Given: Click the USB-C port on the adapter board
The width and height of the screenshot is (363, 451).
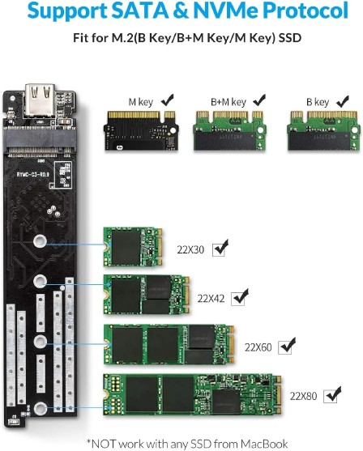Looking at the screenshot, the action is pos(41,100).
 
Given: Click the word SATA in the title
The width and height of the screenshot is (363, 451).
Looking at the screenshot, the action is pos(139,11).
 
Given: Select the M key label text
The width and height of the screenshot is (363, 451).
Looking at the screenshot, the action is pos(140,102).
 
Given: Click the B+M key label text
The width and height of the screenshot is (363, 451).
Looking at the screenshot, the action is pos(228,102).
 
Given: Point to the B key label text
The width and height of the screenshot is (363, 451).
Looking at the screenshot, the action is pos(318,102).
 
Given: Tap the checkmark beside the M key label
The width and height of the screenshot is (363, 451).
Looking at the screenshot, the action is pos(168,100).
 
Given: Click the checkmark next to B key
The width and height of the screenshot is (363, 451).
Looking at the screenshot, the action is pos(343,101).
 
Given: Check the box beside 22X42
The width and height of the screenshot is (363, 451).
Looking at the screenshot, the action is pos(238,299).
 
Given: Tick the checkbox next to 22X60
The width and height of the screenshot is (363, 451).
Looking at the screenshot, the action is pos(285,347).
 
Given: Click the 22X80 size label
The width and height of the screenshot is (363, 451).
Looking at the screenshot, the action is pos(303,397).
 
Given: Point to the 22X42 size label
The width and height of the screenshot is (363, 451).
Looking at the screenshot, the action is pos(211,299).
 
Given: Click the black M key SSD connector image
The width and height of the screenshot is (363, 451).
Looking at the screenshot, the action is pos(141,130).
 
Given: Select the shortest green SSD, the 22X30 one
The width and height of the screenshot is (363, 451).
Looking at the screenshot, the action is pos(133,246).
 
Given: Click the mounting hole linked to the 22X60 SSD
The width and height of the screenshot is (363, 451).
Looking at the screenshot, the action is pos(41,342).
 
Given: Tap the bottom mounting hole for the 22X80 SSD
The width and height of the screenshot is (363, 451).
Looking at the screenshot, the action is pos(41,409).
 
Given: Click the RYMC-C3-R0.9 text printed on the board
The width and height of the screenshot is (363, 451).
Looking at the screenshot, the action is pos(33,174).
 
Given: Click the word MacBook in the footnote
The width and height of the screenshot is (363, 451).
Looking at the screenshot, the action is pos(264,444).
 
